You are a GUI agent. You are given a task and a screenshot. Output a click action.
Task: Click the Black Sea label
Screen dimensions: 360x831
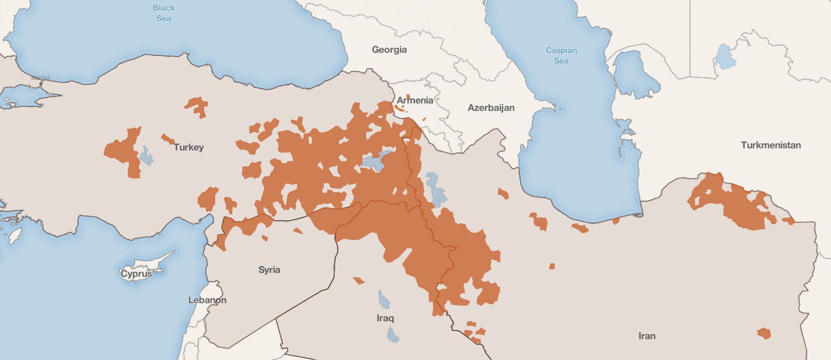pyautogui.click(x=164, y=13)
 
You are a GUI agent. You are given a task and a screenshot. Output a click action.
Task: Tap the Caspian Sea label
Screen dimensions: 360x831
pyautogui.click(x=561, y=56)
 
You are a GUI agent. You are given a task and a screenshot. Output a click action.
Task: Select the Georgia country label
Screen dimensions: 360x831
pyautogui.click(x=389, y=50)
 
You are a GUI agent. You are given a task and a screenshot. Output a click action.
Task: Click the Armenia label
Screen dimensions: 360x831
pyautogui.click(x=415, y=101)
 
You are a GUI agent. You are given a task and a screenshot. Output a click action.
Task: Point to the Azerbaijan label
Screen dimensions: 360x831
pyautogui.click(x=491, y=108)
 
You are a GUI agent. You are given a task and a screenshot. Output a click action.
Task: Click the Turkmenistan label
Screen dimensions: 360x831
pyautogui.click(x=770, y=145)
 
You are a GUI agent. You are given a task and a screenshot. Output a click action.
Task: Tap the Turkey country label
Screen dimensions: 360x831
pyautogui.click(x=188, y=147)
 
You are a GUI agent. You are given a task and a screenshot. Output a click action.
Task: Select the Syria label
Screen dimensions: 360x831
pyautogui.click(x=269, y=270)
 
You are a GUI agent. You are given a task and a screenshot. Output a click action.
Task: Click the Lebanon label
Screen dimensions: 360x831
pyautogui.click(x=207, y=300)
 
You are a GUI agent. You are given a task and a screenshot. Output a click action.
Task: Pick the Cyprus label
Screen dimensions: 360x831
pyautogui.click(x=136, y=274)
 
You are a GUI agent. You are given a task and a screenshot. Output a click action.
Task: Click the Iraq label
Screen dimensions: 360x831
pyautogui.click(x=385, y=318)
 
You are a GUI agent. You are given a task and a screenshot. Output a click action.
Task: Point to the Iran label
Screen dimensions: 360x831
pyautogui.click(x=646, y=336)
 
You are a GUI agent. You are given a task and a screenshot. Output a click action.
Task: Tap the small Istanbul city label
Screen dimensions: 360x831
pyautogui.click(x=40, y=78)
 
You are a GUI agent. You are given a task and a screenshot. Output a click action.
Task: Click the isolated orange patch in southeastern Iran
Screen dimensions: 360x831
pyautogui.click(x=763, y=334)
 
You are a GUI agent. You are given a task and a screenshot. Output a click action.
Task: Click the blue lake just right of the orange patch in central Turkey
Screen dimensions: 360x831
pyautogui.click(x=146, y=156)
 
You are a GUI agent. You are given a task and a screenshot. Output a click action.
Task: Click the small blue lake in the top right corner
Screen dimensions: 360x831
pyautogui.click(x=725, y=57)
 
